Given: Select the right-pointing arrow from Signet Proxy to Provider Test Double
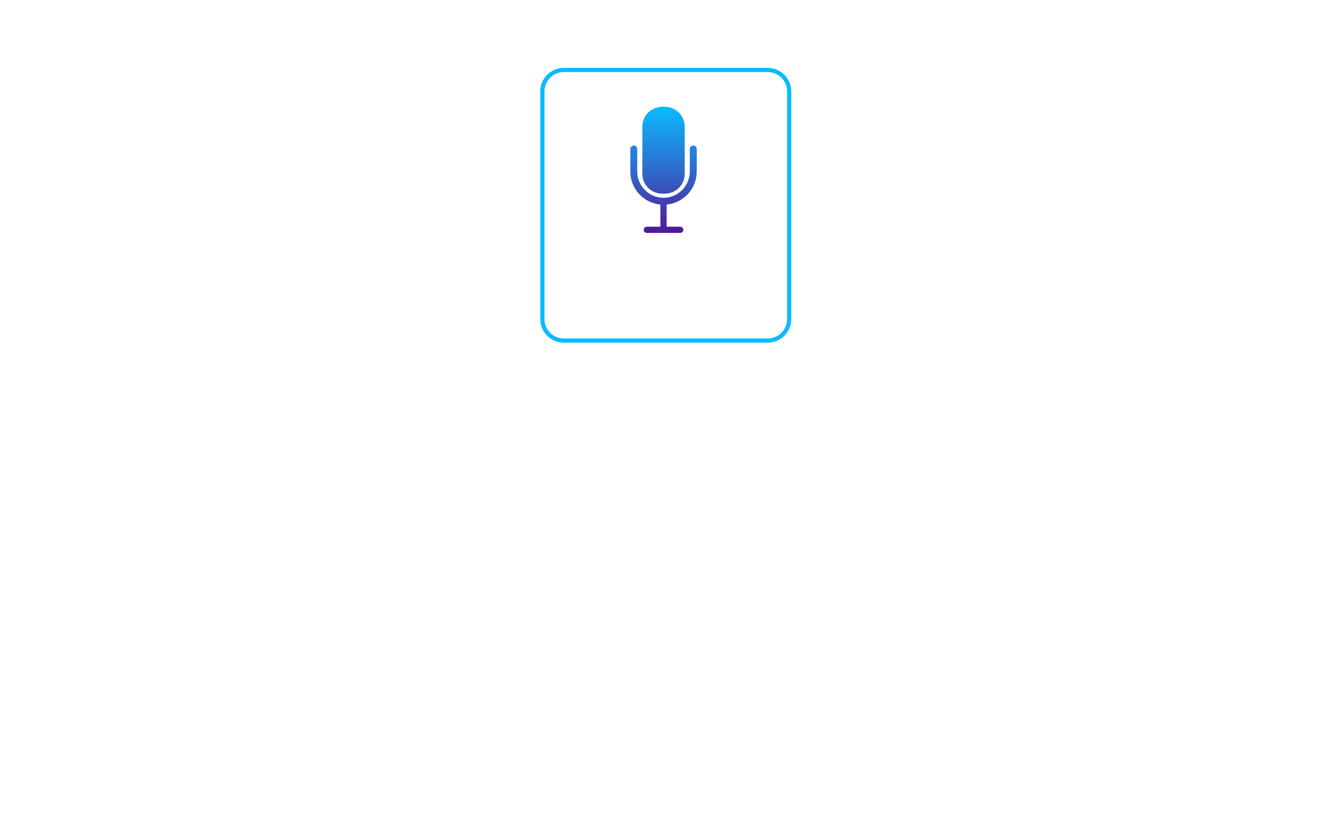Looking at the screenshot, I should (x=907, y=160).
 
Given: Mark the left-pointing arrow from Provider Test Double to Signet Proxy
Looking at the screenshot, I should (x=907, y=250).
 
